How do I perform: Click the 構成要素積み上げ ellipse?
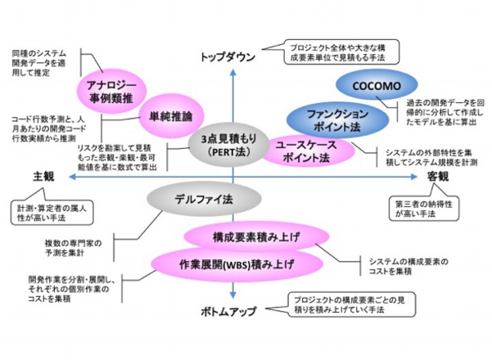click(250, 238)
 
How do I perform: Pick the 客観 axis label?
click(438, 177)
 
